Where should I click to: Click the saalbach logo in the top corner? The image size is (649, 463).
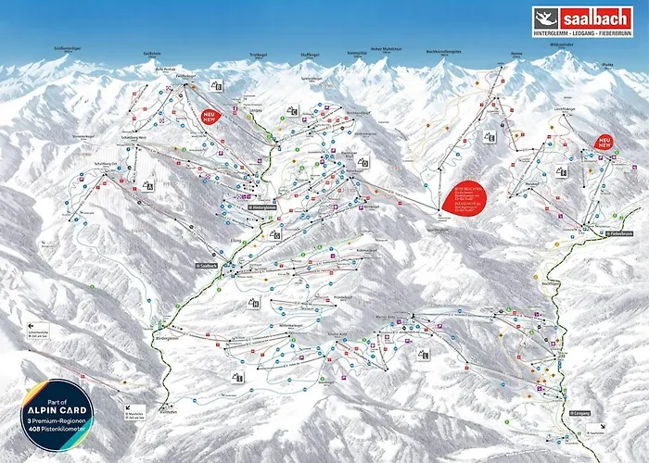click(582, 21)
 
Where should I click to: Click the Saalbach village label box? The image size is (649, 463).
click(206, 266)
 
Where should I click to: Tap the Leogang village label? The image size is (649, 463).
click(579, 413)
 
